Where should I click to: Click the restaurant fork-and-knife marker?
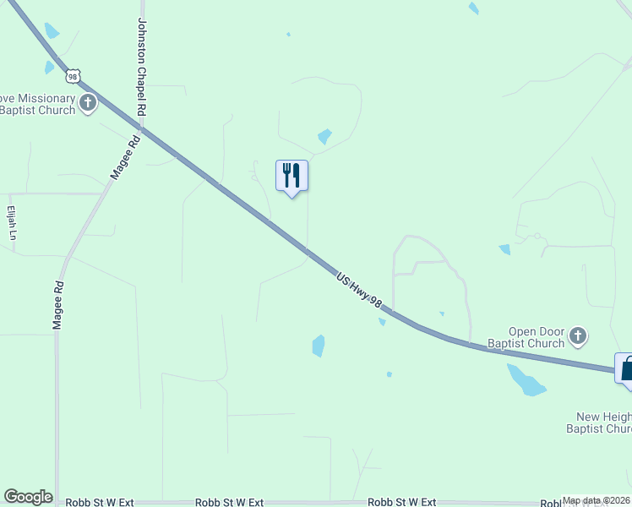291,176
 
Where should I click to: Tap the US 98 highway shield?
74,76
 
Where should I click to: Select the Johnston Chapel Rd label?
142,68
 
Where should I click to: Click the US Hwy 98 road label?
359,291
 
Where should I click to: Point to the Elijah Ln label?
12,223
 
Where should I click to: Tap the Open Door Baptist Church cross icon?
578,336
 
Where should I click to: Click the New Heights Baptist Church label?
603,422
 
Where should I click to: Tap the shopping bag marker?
626,369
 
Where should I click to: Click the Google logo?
28,497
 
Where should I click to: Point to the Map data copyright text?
595,500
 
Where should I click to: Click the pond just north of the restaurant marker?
324,136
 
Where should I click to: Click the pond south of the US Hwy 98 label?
319,346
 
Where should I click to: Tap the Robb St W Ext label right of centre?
402,502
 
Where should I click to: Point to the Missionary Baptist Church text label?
38,105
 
